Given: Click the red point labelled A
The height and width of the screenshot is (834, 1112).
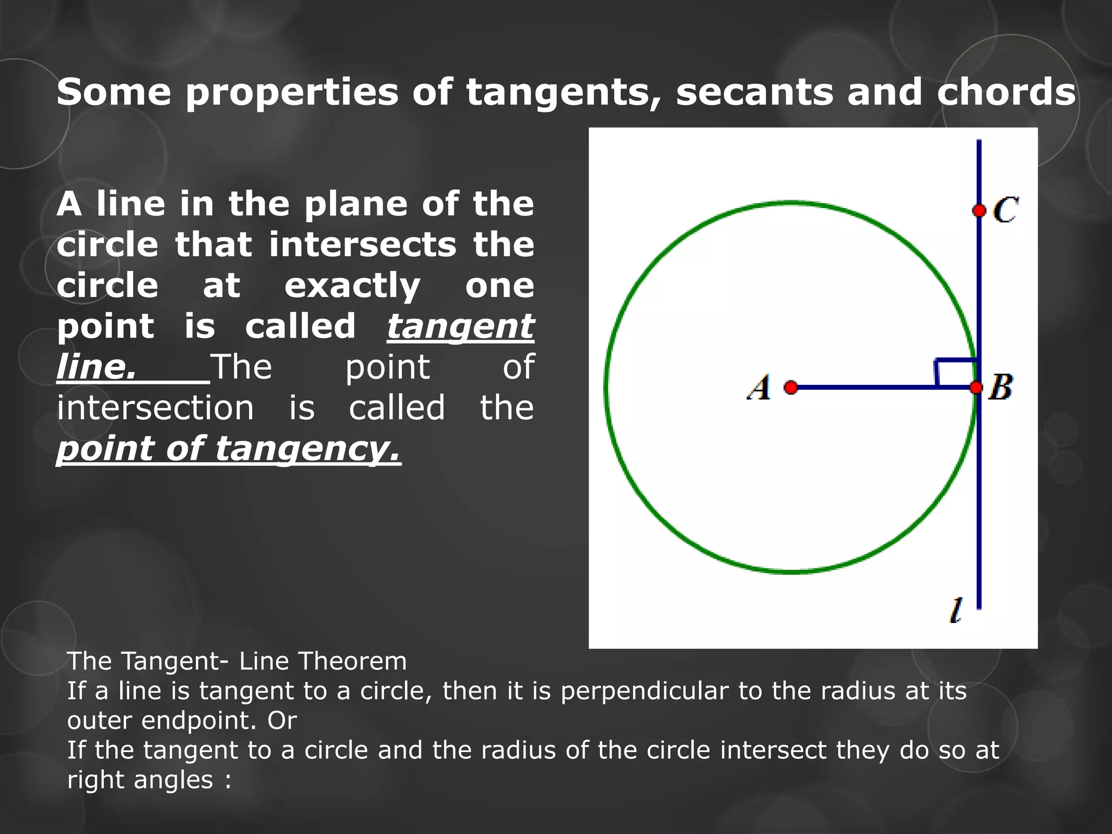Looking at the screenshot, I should pos(791,387).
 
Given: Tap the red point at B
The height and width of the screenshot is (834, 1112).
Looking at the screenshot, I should pos(976,387).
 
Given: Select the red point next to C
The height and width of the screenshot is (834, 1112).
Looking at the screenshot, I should pos(979,211).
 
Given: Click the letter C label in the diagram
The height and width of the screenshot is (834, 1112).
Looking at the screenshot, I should pos(1006,210).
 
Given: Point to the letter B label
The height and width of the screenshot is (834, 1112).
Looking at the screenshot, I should pos(1001,387).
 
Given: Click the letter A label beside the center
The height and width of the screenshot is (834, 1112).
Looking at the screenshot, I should pos(760,388).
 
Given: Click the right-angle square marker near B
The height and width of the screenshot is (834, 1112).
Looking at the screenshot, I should pos(956,373).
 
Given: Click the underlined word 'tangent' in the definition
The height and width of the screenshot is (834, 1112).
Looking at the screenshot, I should pos(460,327).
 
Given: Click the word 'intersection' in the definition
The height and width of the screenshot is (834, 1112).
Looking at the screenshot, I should pos(155,408).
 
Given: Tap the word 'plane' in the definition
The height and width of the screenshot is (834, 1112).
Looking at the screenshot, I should pos(355,204).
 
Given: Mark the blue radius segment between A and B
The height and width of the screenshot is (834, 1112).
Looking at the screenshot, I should pos(869,387).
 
